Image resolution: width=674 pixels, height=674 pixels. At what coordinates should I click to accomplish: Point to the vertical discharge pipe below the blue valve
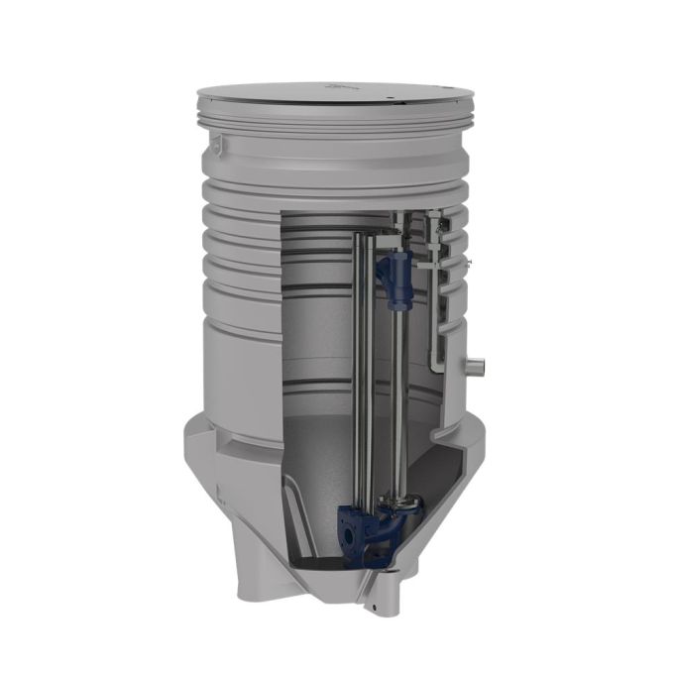pos(402,396)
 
